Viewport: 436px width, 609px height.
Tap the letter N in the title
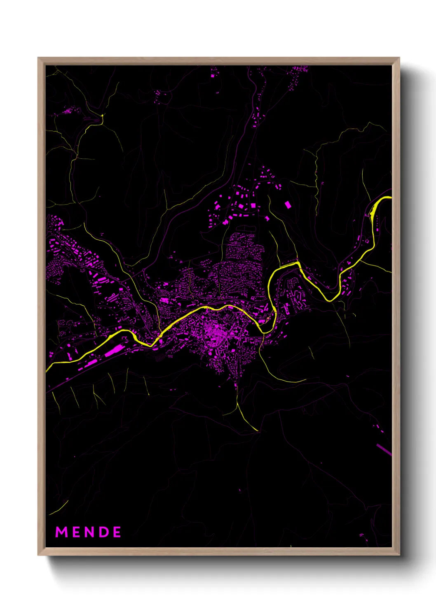[89, 532]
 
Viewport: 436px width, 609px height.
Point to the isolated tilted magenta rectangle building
[288, 205]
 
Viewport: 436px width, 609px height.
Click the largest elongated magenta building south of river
[114, 351]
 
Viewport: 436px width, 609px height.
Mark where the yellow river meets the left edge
[47, 371]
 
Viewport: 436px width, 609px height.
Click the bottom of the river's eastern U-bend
[330, 300]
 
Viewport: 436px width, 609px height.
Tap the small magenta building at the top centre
[213, 76]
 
